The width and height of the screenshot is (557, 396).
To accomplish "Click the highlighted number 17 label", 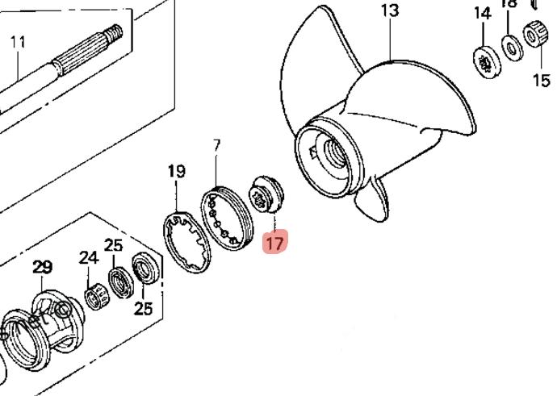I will click(275, 242).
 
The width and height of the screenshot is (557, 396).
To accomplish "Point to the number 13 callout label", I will click(390, 10).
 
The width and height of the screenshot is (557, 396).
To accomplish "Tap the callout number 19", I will click(176, 171).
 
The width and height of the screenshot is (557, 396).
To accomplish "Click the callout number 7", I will click(216, 145).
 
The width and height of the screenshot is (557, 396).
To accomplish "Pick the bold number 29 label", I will click(42, 267).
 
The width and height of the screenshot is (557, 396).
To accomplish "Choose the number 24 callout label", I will click(88, 258).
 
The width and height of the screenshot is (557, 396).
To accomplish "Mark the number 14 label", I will click(482, 13).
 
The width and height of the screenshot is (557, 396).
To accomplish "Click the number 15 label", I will click(540, 79).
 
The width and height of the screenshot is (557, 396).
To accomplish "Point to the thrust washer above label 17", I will click(266, 195).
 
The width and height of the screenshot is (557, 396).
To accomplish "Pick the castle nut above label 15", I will click(536, 36).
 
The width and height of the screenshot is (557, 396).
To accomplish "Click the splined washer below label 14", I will click(485, 60).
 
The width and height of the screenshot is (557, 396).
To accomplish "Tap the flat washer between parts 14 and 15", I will click(511, 48).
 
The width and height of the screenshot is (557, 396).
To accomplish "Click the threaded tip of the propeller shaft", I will click(113, 33).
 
